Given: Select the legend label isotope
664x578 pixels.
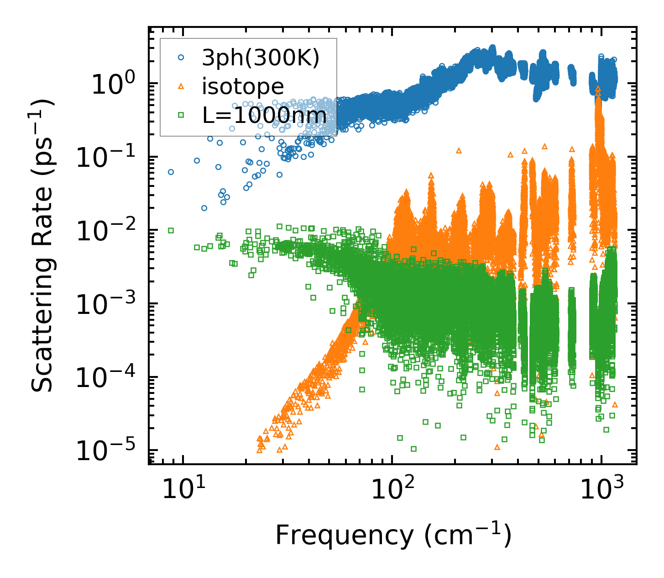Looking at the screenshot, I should (x=243, y=87).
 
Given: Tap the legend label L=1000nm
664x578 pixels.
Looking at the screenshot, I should (x=264, y=116).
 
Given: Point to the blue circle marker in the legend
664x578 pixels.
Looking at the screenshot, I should (x=181, y=58).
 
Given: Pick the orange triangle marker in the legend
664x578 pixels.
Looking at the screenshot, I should (x=181, y=86).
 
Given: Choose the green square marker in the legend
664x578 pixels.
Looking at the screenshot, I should (x=181, y=115).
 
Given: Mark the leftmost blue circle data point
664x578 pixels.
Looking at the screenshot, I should (x=171, y=172).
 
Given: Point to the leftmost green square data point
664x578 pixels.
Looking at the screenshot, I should (x=171, y=230).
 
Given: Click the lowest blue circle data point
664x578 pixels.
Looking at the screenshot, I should (x=204, y=208).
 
